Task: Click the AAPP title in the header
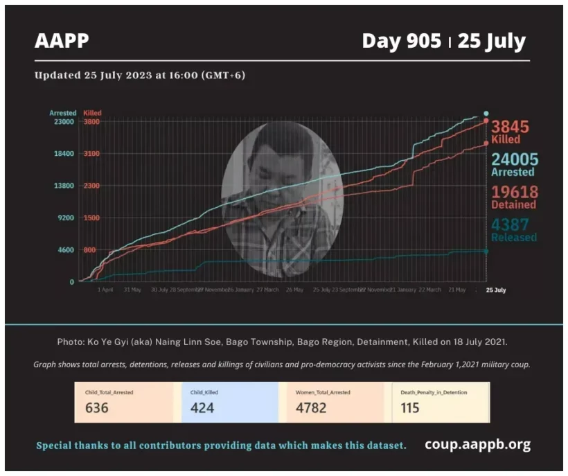coord(62,41)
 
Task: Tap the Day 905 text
coord(401,41)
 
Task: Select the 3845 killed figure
coord(510,127)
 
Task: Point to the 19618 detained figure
coord(514,193)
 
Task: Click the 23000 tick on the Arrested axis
coord(64,122)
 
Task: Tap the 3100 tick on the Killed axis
coord(92,154)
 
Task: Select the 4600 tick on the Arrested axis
coord(65,250)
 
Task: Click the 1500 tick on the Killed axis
coord(92,218)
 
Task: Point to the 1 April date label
coord(105,290)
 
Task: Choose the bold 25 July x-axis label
coord(495,290)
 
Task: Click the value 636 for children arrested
coord(97,407)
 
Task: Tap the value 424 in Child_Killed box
coord(202,407)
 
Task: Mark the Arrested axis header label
coord(62,113)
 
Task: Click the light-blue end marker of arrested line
coord(486,114)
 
